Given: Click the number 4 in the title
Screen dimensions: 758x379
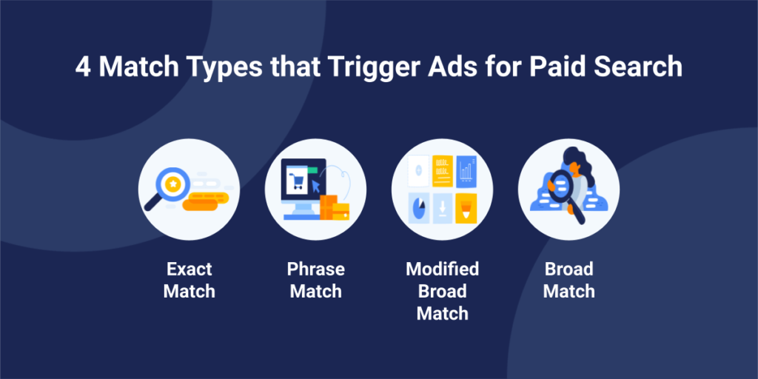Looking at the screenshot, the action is pyautogui.click(x=83, y=67).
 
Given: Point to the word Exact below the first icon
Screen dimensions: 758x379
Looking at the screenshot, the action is pyautogui.click(x=189, y=269).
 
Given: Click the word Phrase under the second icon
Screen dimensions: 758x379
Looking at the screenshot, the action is pyautogui.click(x=315, y=269).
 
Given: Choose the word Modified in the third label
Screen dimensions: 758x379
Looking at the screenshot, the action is pyautogui.click(x=443, y=269).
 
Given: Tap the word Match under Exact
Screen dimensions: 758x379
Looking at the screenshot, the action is pyautogui.click(x=189, y=292).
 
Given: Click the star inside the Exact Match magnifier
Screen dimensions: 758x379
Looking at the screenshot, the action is pyautogui.click(x=172, y=184).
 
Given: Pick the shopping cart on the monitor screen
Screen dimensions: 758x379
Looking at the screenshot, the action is pyautogui.click(x=296, y=181).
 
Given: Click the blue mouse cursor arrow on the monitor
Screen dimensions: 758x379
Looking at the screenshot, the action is pyautogui.click(x=316, y=186).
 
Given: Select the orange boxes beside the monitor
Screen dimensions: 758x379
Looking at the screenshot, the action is pyautogui.click(x=335, y=208).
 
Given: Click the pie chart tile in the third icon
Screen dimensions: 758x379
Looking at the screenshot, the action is pyautogui.click(x=419, y=208).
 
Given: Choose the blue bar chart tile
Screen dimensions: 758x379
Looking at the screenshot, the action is pyautogui.click(x=466, y=171).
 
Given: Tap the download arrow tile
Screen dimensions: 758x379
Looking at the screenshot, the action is pyautogui.click(x=443, y=208).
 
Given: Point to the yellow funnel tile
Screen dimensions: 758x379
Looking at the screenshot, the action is pyautogui.click(x=466, y=208).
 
